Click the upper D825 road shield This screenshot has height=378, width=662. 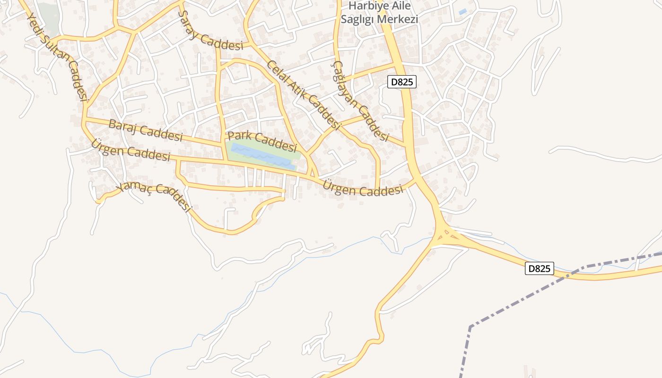pyautogui.click(x=402, y=82)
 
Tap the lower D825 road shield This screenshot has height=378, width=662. pyautogui.click(x=539, y=268)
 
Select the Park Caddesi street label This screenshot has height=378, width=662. pyautogui.click(x=262, y=139)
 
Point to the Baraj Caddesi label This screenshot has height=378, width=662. pyautogui.click(x=145, y=130)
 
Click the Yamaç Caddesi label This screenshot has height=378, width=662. pyautogui.click(x=154, y=196)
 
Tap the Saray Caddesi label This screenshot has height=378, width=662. pyautogui.click(x=210, y=32)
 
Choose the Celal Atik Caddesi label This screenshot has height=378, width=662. pyautogui.click(x=303, y=95)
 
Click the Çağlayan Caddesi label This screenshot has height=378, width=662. pyautogui.click(x=360, y=102)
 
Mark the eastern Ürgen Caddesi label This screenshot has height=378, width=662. pyautogui.click(x=363, y=189)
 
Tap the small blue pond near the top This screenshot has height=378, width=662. pyautogui.click(x=462, y=11)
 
